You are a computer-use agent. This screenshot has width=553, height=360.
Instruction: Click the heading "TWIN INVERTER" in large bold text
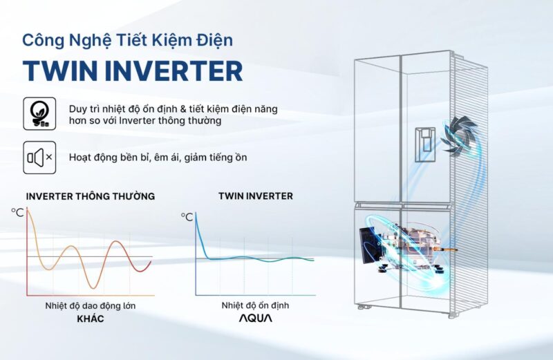point(133,71)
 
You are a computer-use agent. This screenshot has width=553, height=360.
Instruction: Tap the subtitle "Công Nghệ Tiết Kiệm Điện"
point(128,40)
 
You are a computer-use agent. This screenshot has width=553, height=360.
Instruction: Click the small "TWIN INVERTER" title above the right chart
point(255,196)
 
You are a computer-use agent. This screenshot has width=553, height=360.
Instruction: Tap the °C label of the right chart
point(187,217)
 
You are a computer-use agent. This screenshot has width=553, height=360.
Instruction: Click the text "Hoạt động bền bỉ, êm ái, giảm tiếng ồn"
point(158,158)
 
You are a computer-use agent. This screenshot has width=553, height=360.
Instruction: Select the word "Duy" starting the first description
point(77,110)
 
